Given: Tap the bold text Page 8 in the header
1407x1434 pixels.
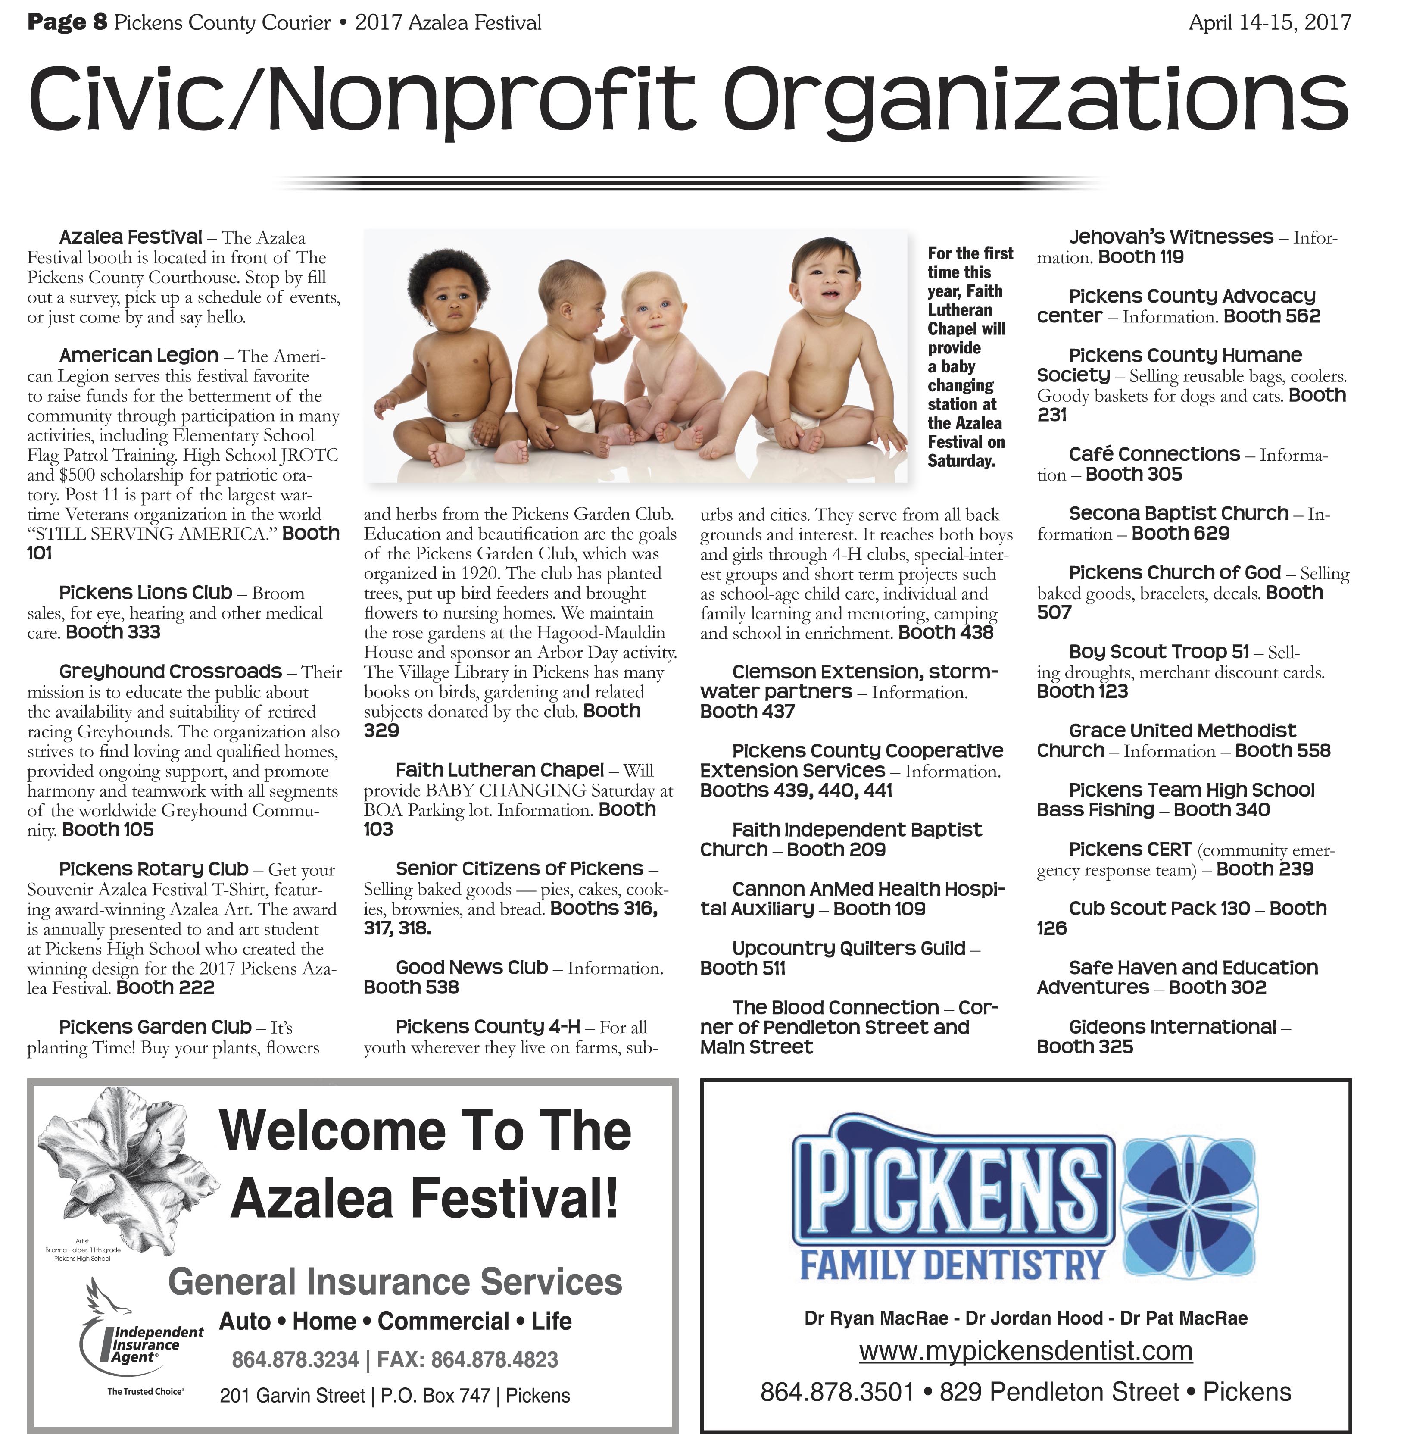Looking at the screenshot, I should point(67,23).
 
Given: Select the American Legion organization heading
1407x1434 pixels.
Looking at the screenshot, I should point(139,356).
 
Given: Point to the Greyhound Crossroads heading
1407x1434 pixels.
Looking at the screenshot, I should point(170,671).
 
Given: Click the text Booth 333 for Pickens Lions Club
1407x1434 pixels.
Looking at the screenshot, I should point(112,632).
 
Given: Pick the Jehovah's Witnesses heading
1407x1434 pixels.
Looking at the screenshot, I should point(1170,237).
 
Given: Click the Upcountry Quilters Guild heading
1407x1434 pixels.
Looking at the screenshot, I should point(849,948).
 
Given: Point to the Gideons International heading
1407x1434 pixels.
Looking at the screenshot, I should point(1172,1027).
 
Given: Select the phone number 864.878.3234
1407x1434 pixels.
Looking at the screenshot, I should point(295,1359).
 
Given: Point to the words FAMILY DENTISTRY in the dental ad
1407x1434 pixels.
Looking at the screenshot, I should point(952,1265).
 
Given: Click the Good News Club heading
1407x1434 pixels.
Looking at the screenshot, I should point(471,968).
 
